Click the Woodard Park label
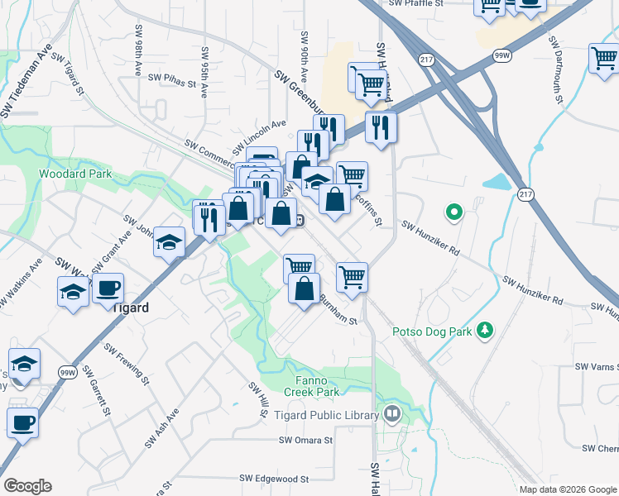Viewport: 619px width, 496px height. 74,174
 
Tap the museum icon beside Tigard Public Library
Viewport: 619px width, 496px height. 392,412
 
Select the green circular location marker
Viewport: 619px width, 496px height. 453,213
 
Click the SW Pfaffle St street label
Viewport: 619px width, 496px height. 416,4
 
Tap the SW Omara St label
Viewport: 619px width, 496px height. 305,441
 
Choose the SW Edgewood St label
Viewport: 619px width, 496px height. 274,479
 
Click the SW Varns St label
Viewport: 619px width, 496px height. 597,366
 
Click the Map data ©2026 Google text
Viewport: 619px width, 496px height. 567,489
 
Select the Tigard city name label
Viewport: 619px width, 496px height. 128,308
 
